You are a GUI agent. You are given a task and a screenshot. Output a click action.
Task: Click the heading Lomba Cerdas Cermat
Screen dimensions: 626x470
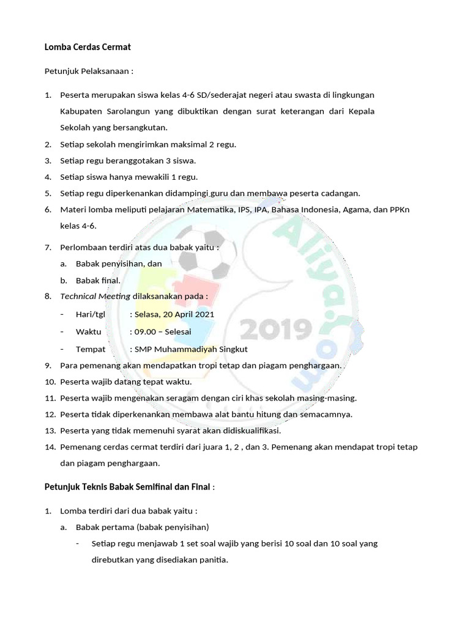click(x=88, y=47)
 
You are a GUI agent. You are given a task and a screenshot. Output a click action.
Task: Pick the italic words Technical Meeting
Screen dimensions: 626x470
click(x=95, y=296)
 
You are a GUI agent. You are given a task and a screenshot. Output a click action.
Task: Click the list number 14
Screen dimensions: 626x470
click(x=50, y=447)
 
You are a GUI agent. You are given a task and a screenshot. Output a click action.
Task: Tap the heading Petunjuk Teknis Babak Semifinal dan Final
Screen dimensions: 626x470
click(x=127, y=487)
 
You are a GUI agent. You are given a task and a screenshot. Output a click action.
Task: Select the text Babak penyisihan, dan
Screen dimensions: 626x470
click(x=119, y=263)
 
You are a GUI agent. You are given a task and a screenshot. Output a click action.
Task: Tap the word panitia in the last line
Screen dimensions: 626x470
click(x=212, y=559)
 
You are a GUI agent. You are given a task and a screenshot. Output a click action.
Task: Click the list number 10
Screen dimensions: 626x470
click(x=50, y=382)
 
